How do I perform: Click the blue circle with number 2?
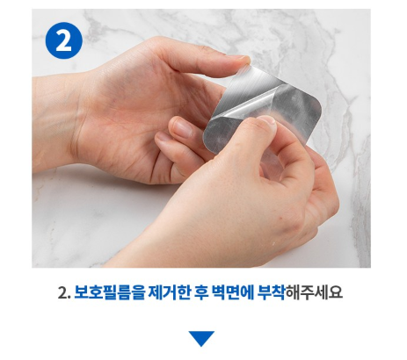(x=63, y=40)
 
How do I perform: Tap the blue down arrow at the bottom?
(x=201, y=339)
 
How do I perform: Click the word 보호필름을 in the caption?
(x=109, y=292)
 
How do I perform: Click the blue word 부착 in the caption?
(x=271, y=292)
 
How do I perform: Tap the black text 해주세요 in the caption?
(x=314, y=292)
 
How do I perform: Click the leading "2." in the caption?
(x=64, y=292)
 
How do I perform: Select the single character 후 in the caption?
(x=200, y=292)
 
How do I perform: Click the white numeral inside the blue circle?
(x=63, y=40)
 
